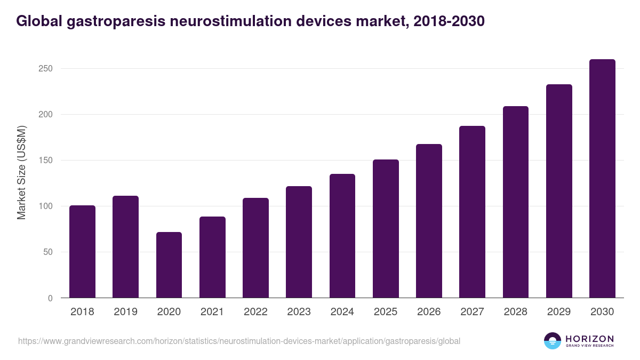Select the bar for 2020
click(169, 265)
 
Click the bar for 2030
click(602, 179)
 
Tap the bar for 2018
click(82, 252)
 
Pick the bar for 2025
click(386, 229)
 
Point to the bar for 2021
click(212, 257)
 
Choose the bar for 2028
click(516, 202)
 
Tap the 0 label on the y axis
click(50, 298)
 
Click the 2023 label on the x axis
click(299, 312)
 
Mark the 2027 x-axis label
click(472, 312)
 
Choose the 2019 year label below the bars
click(125, 312)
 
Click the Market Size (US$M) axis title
click(21, 173)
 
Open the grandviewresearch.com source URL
click(239, 341)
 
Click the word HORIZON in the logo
click(589, 339)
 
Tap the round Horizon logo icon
click(553, 341)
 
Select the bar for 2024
click(342, 236)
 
